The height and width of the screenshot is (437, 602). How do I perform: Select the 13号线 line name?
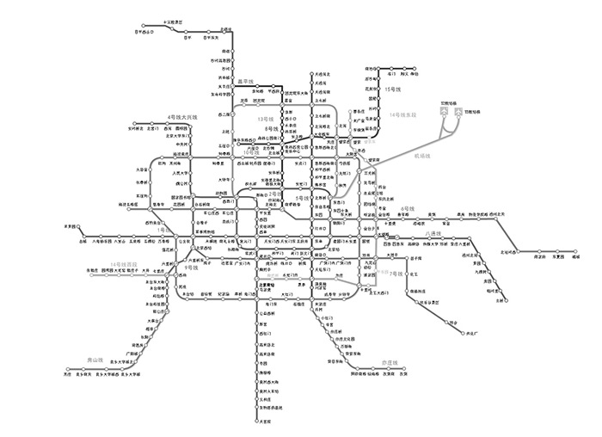tap(264, 120)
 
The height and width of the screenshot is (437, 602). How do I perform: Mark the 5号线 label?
tap(301, 198)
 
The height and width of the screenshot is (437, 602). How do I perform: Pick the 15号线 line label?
tap(394, 89)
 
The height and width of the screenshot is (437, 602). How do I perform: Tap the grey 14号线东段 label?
tap(407, 114)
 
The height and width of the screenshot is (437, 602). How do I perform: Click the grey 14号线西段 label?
tap(124, 263)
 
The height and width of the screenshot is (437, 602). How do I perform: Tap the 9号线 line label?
tap(191, 268)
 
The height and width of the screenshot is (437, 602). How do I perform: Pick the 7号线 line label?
tap(396, 273)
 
